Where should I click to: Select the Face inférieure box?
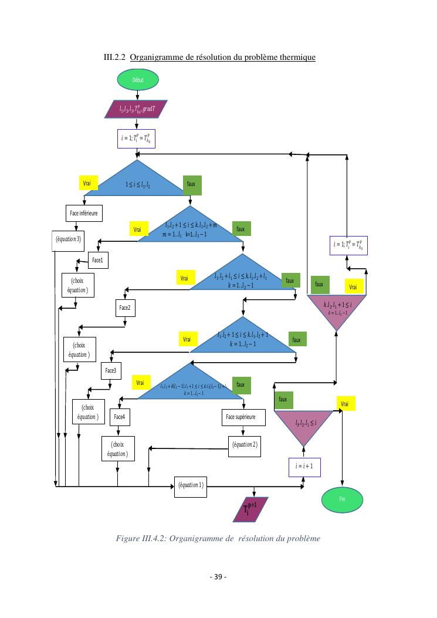(83, 213)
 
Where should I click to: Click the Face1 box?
(99, 259)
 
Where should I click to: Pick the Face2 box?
(125, 308)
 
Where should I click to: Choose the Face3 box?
(111, 370)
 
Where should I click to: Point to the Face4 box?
(120, 417)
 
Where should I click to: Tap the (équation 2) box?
(243, 444)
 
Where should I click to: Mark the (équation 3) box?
(69, 239)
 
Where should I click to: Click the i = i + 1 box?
(304, 467)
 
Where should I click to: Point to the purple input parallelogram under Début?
(137, 109)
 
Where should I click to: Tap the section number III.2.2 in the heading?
(114, 58)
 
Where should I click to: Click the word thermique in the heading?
(298, 58)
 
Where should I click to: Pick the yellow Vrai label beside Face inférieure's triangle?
(89, 183)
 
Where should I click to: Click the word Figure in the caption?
(130, 538)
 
